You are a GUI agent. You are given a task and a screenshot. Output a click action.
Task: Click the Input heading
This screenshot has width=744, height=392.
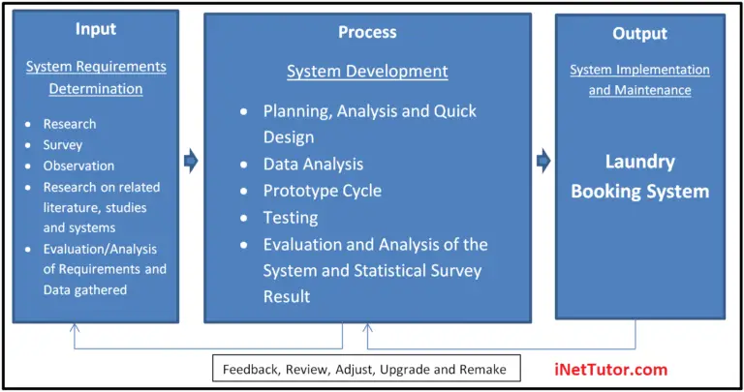click(95, 29)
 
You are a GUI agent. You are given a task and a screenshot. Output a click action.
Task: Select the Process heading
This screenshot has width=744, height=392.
click(367, 32)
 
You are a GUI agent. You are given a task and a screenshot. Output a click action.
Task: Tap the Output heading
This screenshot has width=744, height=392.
click(639, 33)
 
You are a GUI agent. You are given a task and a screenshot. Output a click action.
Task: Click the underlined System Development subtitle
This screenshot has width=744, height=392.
click(367, 72)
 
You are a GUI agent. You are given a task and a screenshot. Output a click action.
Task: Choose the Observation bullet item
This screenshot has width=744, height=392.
click(78, 166)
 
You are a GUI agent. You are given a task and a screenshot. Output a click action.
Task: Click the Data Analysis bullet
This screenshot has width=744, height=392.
click(313, 164)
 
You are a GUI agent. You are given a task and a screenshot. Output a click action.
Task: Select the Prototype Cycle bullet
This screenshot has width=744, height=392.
click(322, 191)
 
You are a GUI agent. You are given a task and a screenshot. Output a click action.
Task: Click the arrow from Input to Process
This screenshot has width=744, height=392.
click(191, 161)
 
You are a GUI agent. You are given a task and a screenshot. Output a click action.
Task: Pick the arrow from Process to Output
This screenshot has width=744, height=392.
click(543, 160)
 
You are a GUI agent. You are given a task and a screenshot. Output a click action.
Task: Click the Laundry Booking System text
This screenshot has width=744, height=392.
click(639, 176)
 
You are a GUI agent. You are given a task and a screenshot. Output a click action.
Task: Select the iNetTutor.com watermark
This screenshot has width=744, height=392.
click(610, 370)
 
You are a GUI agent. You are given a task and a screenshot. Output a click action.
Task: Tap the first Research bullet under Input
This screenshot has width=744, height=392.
click(70, 125)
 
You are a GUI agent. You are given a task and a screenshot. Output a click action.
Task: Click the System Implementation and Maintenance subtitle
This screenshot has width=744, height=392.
click(639, 80)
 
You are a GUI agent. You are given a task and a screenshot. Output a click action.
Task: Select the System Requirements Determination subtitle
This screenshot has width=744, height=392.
click(96, 77)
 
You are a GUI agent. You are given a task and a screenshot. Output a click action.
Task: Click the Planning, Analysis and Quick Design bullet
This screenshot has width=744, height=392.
click(369, 123)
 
